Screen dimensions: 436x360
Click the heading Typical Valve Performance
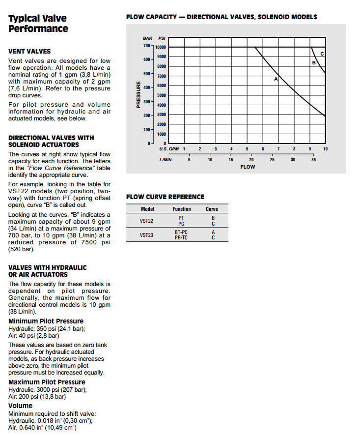38,23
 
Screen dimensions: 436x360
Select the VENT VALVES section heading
29,51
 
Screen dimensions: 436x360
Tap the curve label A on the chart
276,79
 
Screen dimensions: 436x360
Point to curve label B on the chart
313,63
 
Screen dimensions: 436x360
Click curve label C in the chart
322,54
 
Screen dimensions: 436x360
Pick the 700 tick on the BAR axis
146,46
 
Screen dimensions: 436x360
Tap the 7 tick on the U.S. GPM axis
278,148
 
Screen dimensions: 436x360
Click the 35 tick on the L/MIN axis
313,159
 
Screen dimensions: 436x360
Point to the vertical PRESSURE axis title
138,95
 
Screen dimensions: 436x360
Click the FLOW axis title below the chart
248,167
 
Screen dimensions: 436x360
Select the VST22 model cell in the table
147,221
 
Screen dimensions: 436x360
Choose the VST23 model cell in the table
147,235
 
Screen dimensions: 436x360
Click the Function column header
182,209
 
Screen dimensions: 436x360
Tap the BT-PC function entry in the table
181,232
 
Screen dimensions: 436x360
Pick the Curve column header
212,209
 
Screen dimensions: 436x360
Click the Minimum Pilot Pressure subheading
46,321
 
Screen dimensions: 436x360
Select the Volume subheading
21,406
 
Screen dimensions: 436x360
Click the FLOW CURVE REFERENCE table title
165,197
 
